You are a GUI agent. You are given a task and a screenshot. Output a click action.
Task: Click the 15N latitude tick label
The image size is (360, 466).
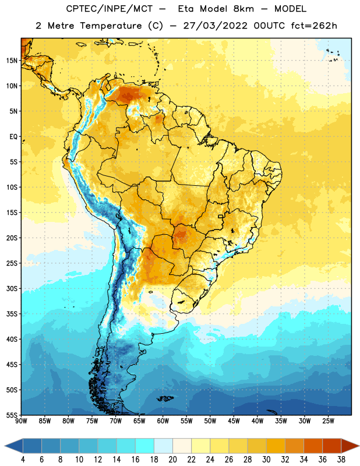[x=12, y=61]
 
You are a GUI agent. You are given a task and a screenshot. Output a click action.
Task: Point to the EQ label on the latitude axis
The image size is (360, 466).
[x=13, y=137]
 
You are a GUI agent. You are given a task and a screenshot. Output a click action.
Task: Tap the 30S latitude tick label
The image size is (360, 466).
[x=12, y=288]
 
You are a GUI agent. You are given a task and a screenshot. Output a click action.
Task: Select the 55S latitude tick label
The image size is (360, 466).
[x=12, y=415]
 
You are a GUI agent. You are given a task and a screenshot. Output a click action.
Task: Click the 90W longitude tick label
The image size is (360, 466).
[x=21, y=421]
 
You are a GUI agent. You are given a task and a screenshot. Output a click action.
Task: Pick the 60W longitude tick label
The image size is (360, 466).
[x=163, y=421]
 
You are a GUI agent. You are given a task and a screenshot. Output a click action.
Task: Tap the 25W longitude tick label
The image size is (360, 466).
[x=328, y=421]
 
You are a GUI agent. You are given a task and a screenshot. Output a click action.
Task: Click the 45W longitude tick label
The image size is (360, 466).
[x=234, y=421]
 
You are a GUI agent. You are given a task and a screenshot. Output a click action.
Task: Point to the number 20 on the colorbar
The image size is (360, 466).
[x=172, y=460]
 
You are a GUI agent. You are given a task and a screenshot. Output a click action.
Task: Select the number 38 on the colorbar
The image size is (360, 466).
[x=341, y=460]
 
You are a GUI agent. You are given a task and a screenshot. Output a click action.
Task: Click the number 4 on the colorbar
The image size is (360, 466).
[x=23, y=460]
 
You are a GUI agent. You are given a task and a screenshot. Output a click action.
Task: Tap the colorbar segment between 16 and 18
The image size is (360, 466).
[x=145, y=446]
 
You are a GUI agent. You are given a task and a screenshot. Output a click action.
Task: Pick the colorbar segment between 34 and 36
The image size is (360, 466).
[x=313, y=446]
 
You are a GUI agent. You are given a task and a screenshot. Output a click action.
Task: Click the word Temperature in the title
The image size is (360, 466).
[x=111, y=26]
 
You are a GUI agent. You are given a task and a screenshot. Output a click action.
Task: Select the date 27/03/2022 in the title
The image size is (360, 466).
[x=215, y=26]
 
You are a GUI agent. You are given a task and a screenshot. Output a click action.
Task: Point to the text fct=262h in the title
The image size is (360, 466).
[x=314, y=26]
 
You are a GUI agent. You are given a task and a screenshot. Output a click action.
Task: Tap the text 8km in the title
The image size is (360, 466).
[x=243, y=9]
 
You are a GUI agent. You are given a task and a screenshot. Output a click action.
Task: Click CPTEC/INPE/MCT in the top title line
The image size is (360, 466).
[x=109, y=9]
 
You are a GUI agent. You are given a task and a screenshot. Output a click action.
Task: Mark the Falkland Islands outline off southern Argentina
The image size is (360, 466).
[x=165, y=398]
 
